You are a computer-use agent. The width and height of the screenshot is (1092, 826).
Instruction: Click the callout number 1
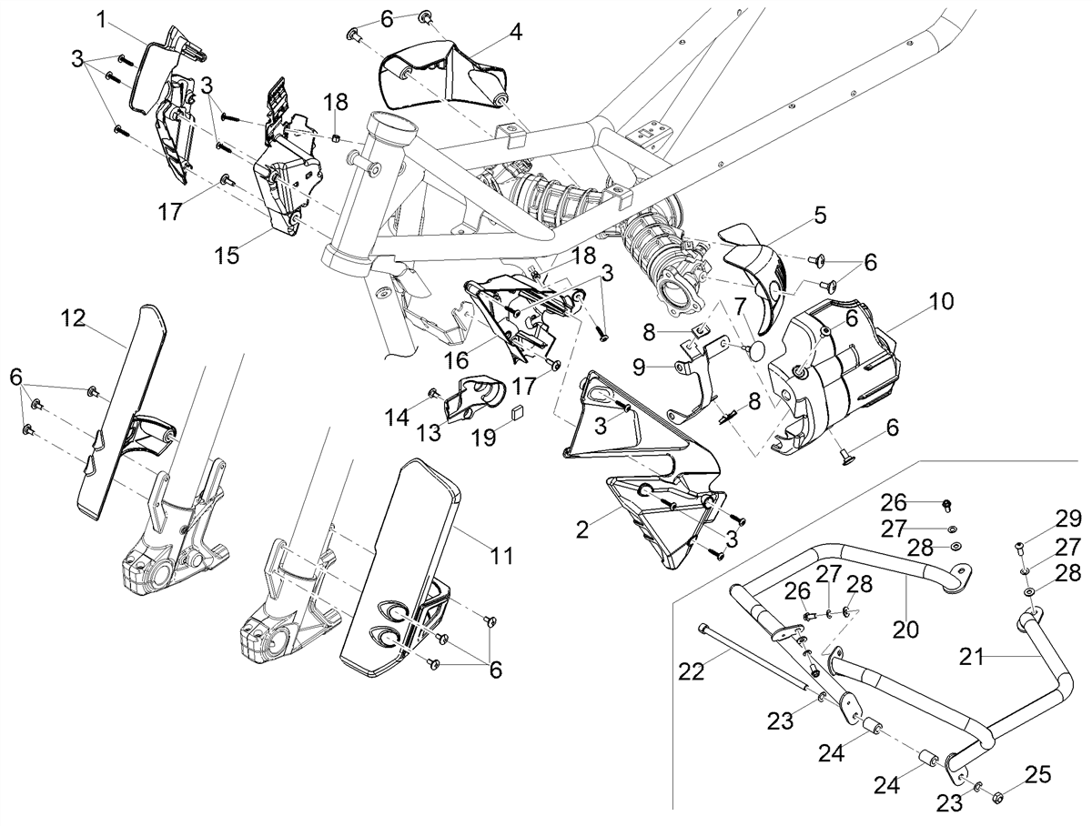(102, 20)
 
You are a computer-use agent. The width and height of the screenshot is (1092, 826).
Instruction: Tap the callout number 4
(515, 33)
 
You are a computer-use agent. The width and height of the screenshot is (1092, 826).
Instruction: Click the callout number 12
(73, 318)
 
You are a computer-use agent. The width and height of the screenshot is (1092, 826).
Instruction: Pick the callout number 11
(501, 555)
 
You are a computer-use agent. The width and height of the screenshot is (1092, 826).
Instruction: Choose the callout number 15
(227, 255)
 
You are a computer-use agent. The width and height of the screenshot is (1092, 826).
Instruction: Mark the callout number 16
(456, 359)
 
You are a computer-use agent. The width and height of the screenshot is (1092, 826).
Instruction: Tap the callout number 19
(483, 438)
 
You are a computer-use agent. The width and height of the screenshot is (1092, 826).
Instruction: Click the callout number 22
(692, 672)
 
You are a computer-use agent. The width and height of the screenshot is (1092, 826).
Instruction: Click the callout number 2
(582, 530)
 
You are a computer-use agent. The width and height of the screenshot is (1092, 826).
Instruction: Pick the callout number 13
(429, 432)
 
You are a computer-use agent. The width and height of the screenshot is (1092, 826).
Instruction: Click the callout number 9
(639, 368)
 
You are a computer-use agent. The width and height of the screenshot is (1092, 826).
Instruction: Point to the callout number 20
(905, 630)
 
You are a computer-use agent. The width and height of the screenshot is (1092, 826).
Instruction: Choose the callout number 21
(972, 658)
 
